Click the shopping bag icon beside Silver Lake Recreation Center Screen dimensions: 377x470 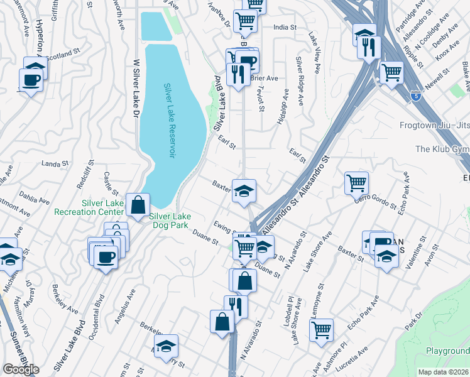click(138, 204)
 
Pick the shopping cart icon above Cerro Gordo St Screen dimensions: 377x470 click(356, 183)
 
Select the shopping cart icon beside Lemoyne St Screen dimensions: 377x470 click(321, 329)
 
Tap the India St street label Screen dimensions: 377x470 click(285, 27)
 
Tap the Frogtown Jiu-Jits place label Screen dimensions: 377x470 click(434, 125)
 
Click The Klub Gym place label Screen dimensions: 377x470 click(442, 149)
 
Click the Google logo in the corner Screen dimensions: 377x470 click(20, 369)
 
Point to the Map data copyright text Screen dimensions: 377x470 click(443, 372)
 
